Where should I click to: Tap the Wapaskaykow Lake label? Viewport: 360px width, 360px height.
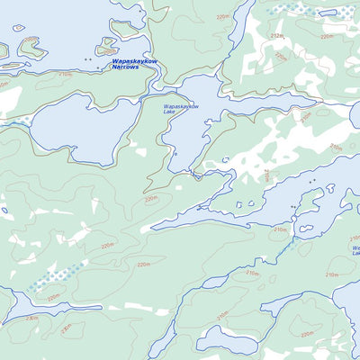[180, 110]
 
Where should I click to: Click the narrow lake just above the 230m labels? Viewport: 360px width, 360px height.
[36, 306]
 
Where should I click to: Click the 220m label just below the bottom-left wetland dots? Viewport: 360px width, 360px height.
[54, 296]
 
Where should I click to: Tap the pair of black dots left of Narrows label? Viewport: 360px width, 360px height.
[86, 59]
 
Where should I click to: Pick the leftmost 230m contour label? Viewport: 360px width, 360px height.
[32, 318]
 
